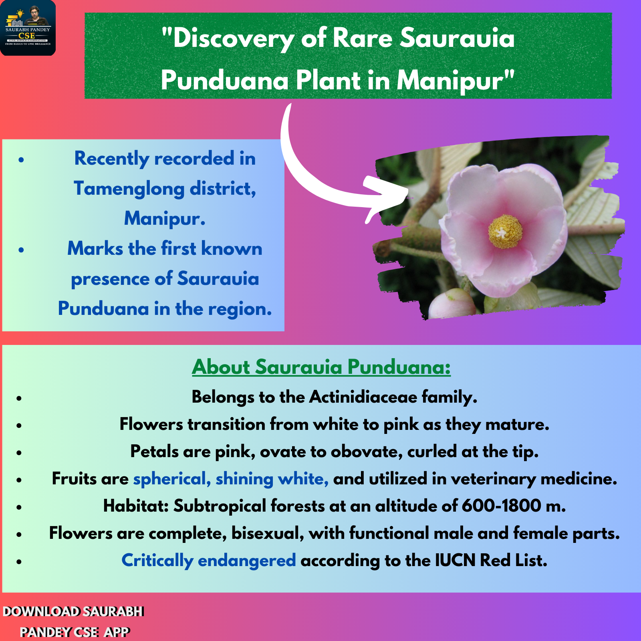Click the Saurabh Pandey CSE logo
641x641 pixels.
tap(28, 28)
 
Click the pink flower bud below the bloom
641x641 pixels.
tap(452, 304)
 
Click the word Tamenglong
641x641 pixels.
tap(129, 189)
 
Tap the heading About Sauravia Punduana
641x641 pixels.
tap(321, 367)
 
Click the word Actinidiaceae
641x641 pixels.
tap(363, 397)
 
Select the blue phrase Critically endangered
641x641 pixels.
tap(209, 560)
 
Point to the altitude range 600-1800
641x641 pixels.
tap(501, 506)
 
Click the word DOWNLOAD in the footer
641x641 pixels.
tap(41, 612)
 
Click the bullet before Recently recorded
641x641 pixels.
tap(21, 160)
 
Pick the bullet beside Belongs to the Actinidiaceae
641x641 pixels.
tap(19, 398)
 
